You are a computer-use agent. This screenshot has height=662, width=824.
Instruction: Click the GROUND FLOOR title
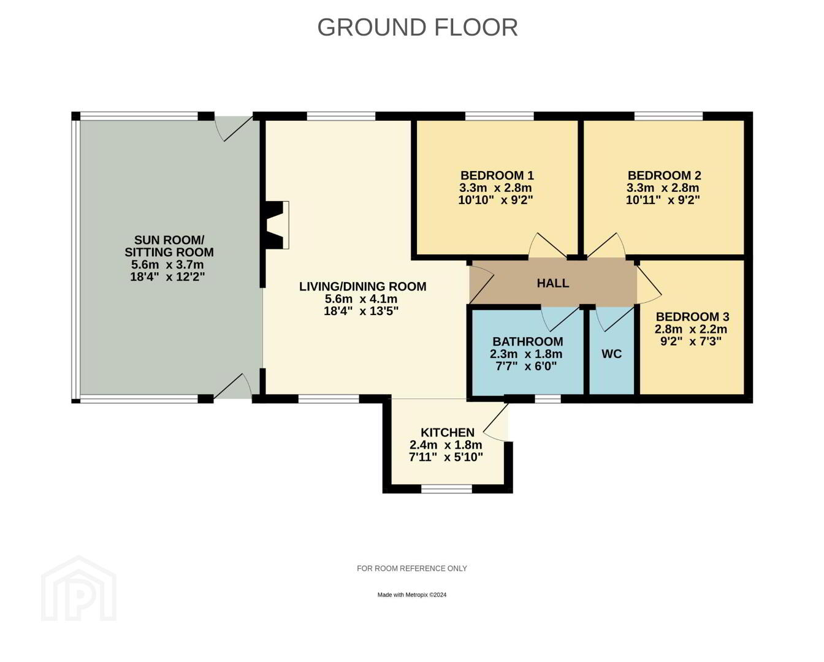pos(418,27)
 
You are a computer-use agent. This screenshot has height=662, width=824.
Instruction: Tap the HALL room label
pos(553,283)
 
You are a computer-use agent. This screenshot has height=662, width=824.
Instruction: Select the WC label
pos(611,354)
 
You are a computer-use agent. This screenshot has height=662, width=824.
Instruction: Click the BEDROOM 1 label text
pos(497,175)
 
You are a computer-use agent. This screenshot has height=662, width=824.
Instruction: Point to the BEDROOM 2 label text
pos(665,175)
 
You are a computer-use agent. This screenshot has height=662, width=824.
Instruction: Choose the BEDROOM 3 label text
pos(693,317)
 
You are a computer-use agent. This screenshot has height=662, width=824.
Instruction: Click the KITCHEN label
pos(448,432)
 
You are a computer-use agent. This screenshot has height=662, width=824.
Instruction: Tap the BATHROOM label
pos(528,341)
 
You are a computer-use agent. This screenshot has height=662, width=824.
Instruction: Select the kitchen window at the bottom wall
pos(446,489)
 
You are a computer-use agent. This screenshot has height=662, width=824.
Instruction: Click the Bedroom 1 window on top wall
pos(499,116)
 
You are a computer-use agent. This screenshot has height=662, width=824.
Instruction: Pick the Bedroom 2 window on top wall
pos(668,116)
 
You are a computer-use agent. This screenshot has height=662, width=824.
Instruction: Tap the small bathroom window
pos(548,398)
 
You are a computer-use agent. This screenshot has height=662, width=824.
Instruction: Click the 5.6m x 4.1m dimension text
pos(360,299)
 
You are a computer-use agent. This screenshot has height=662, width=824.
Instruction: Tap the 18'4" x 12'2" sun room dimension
pos(168,276)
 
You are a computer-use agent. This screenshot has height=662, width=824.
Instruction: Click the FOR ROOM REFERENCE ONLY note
pos(411,568)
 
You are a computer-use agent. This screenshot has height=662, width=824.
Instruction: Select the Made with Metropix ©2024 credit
pos(411,595)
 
